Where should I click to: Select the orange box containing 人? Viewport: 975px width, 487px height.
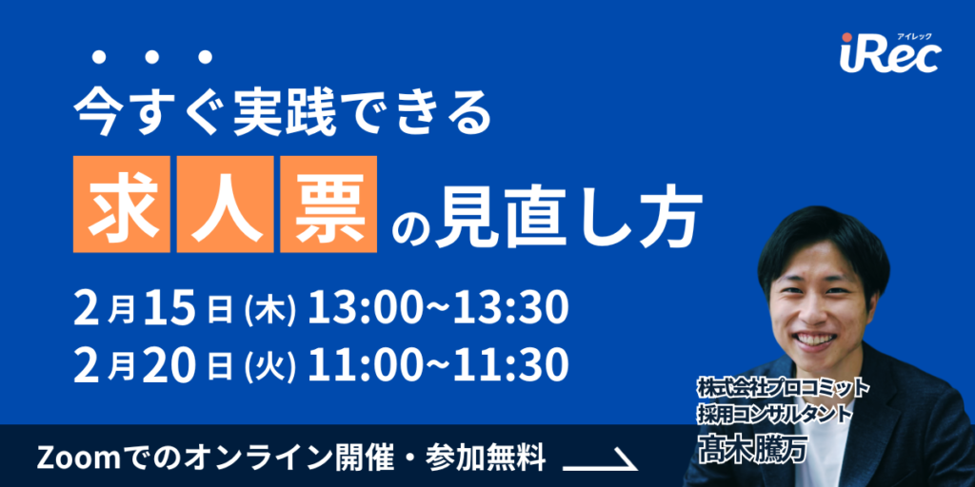225,205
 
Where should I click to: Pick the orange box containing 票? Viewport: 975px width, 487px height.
328,205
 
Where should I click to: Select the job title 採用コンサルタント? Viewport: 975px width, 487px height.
773,416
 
